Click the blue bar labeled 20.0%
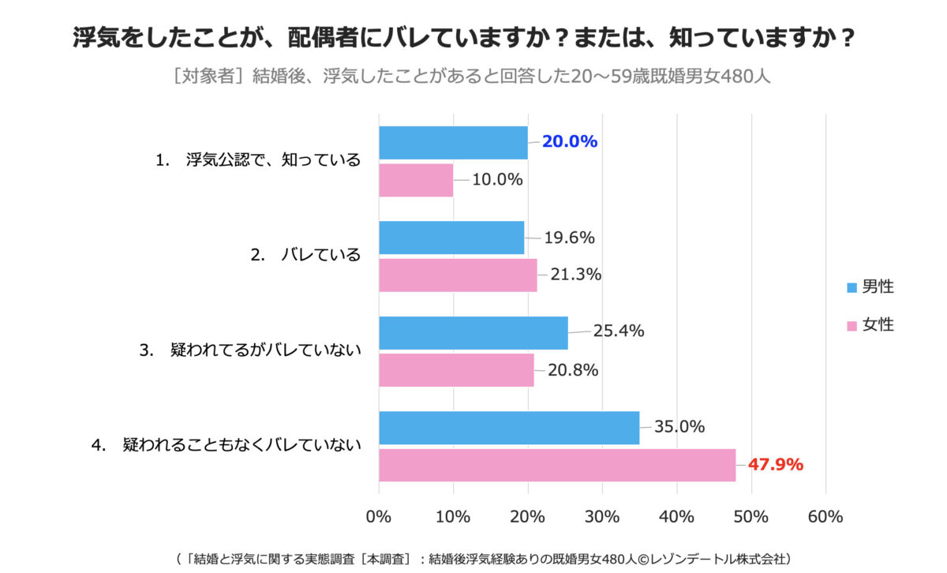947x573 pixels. tap(453, 143)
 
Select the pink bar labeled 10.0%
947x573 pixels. tap(416, 180)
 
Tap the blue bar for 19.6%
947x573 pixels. tap(451, 238)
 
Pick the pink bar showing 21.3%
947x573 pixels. tap(458, 275)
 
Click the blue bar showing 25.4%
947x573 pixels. tap(473, 333)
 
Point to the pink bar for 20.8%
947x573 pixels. tap(457, 370)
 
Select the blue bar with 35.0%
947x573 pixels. tap(509, 428)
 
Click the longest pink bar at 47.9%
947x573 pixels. tap(557, 465)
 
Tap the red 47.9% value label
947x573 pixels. tap(775, 464)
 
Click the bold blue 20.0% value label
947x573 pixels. tap(570, 141)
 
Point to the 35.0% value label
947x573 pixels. tap(679, 426)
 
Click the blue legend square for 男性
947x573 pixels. tap(852, 287)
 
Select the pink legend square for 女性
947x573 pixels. tap(852, 326)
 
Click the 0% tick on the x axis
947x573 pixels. tap(378, 517)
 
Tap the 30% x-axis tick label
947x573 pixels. tap(602, 517)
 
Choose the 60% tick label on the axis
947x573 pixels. tap(825, 517)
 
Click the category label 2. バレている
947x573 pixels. tap(305, 255)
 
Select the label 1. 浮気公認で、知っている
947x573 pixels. tap(258, 160)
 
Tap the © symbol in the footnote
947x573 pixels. tap(643, 560)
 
